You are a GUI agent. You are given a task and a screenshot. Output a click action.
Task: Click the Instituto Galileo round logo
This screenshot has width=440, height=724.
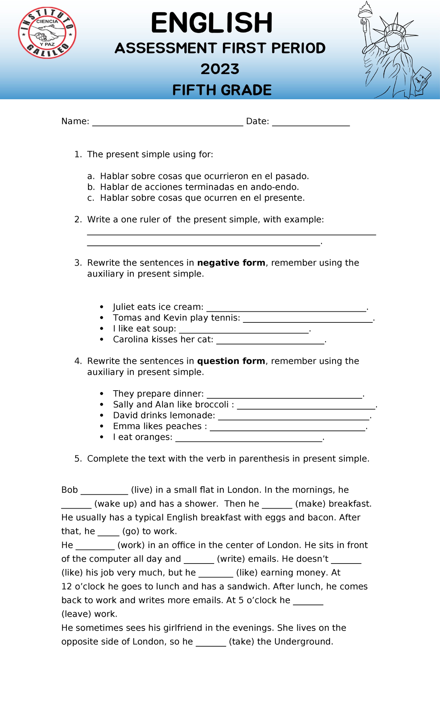47,33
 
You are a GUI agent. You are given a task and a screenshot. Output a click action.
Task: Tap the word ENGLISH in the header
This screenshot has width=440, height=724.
212,23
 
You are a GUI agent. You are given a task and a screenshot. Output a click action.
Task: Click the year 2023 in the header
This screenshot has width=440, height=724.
220,69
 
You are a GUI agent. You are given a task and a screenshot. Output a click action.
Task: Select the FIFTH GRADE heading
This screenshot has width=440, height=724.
222,90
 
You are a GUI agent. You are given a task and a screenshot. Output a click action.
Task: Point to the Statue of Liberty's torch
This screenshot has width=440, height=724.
364,11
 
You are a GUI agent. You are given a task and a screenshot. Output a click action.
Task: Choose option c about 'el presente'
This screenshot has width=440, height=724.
202,198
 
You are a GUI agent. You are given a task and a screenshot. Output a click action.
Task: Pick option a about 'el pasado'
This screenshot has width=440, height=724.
204,176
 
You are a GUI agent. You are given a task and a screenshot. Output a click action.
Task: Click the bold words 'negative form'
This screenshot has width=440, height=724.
231,263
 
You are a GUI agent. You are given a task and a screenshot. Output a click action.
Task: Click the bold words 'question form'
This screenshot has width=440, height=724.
231,361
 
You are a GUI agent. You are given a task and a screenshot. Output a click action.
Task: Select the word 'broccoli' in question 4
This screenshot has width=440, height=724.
212,405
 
